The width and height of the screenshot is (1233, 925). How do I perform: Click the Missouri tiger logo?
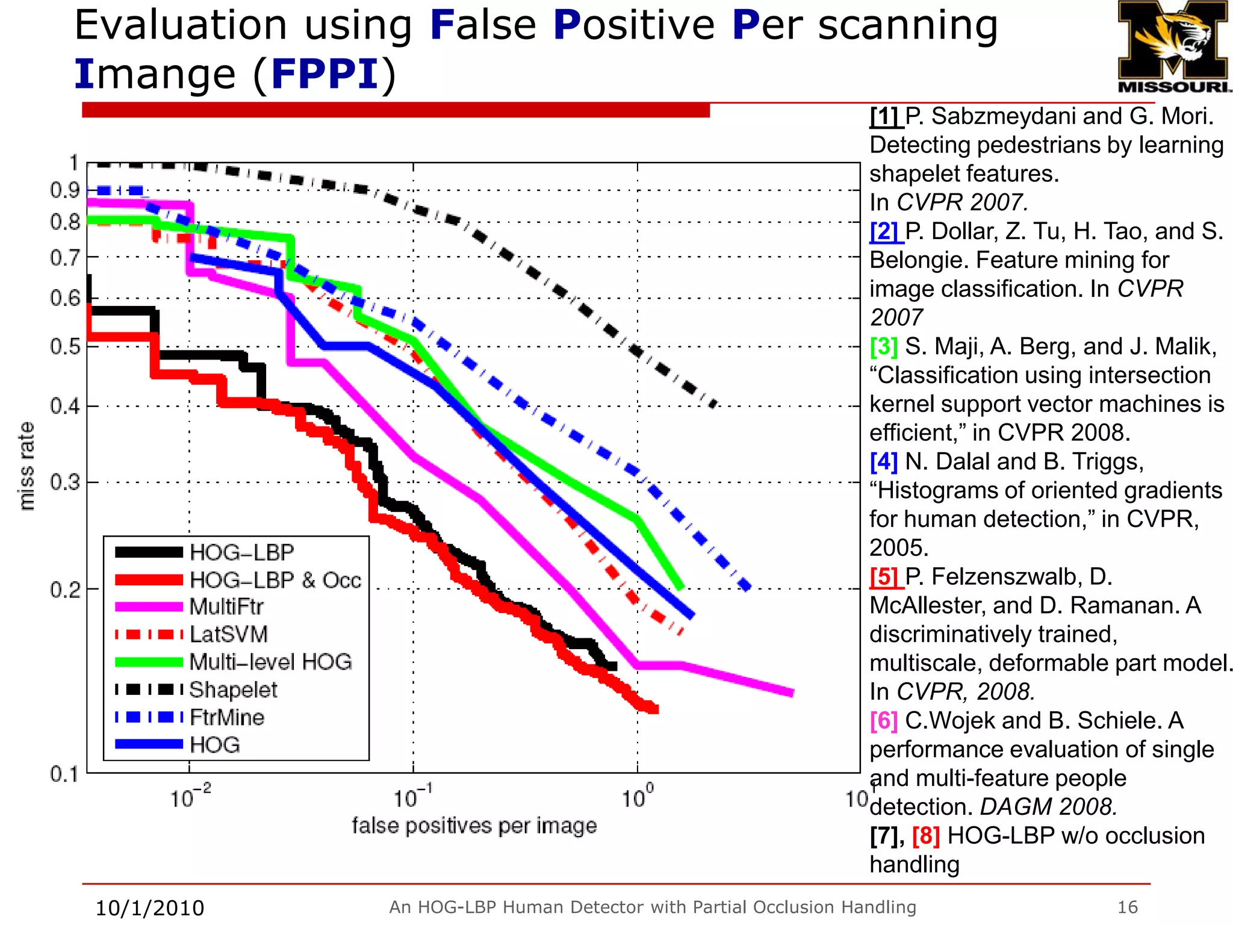[1173, 46]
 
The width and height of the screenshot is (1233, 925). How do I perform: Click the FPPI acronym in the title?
[325, 75]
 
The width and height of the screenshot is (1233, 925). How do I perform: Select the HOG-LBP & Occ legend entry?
[275, 580]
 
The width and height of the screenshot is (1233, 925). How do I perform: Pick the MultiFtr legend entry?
[226, 607]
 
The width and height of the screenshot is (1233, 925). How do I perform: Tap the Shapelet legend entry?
[233, 690]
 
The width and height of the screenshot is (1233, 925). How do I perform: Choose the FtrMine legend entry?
[227, 717]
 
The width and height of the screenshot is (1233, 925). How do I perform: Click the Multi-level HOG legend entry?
[270, 662]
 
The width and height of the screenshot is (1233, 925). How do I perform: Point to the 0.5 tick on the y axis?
[65, 347]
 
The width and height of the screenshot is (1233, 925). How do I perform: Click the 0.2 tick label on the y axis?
[65, 590]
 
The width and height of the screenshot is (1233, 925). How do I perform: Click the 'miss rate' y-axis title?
[26, 467]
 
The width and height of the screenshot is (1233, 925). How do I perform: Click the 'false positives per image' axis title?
[474, 826]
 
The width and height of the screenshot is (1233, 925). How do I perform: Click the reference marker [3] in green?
[883, 347]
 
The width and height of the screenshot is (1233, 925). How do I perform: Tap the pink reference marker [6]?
[883, 721]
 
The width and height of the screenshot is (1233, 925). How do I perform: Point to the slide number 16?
[1127, 907]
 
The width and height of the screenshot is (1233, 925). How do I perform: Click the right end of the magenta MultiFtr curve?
[791, 693]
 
